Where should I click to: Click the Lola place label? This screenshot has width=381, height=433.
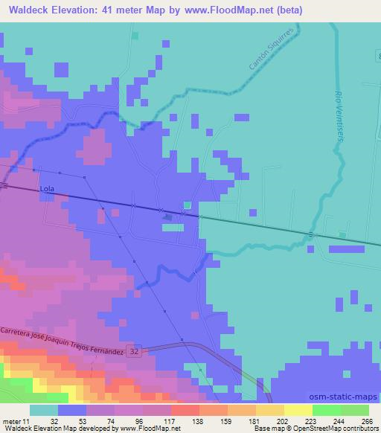tap(48, 190)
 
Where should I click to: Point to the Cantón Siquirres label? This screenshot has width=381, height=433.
tap(266, 60)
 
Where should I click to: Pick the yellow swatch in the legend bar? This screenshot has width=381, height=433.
tap(298, 410)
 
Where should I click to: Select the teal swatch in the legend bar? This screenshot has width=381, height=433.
tap(44, 410)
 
